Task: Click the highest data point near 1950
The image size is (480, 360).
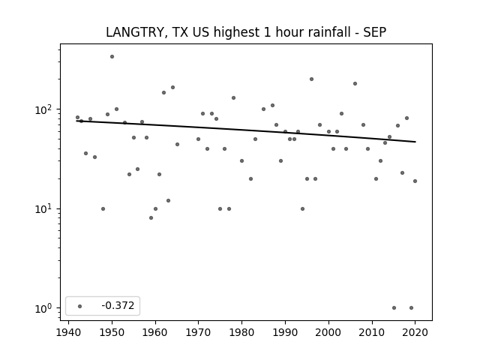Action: pyautogui.click(x=112, y=57)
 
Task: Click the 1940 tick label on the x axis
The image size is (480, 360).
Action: pyautogui.click(x=68, y=332)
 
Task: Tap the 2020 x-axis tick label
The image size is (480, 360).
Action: pyautogui.click(x=415, y=332)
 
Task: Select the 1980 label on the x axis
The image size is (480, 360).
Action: pyautogui.click(x=241, y=332)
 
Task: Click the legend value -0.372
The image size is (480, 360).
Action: pyautogui.click(x=118, y=305)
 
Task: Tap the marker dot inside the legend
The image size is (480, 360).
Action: pyautogui.click(x=80, y=306)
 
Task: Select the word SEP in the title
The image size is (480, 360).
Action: pyautogui.click(x=375, y=32)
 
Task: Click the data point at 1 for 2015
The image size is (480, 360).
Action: pyautogui.click(x=394, y=308)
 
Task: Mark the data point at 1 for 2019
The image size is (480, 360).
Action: pyautogui.click(x=411, y=308)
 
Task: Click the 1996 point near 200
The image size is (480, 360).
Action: pyautogui.click(x=312, y=79)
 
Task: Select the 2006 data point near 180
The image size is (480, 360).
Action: pyautogui.click(x=355, y=83)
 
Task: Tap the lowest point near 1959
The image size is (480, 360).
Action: pyautogui.click(x=151, y=218)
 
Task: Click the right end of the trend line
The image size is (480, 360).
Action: pyautogui.click(x=415, y=142)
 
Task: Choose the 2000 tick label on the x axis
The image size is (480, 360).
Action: pyautogui.click(x=328, y=332)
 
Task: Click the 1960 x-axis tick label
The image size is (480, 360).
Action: pyautogui.click(x=155, y=332)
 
